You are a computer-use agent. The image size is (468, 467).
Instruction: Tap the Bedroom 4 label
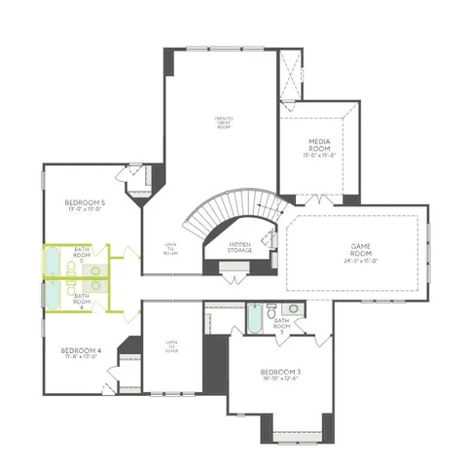click(81, 349)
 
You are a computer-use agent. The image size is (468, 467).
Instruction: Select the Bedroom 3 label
click(280, 372)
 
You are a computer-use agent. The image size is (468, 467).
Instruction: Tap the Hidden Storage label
click(240, 247)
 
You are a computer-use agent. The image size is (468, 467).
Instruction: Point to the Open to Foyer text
click(171, 346)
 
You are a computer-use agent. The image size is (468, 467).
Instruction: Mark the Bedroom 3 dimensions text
click(280, 379)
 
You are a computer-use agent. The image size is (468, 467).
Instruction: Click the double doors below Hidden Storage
click(234, 279)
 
